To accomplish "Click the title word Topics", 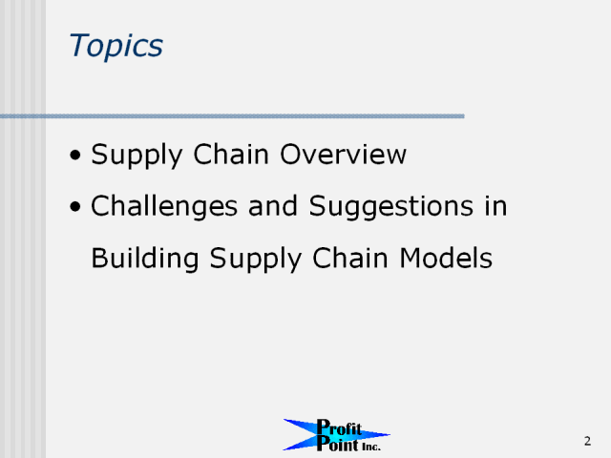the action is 116,47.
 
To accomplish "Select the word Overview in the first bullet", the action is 343,155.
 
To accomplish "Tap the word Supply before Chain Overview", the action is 137,156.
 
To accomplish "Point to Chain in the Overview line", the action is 231,155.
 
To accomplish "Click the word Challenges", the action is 164,207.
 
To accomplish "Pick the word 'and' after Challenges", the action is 273,206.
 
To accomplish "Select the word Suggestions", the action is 391,207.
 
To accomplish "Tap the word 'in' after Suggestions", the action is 495,206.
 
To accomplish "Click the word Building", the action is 145,259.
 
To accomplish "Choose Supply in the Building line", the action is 255,259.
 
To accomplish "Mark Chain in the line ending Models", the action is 350,258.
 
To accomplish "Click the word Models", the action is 446,258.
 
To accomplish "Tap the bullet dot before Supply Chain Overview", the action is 75,156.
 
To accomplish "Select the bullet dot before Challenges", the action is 75,207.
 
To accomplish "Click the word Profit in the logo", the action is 339,427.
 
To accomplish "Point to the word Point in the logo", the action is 337,444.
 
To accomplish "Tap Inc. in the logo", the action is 371,448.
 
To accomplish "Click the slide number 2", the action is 587,441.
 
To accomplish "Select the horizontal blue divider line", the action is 232,116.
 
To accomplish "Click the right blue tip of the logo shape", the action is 389,434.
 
